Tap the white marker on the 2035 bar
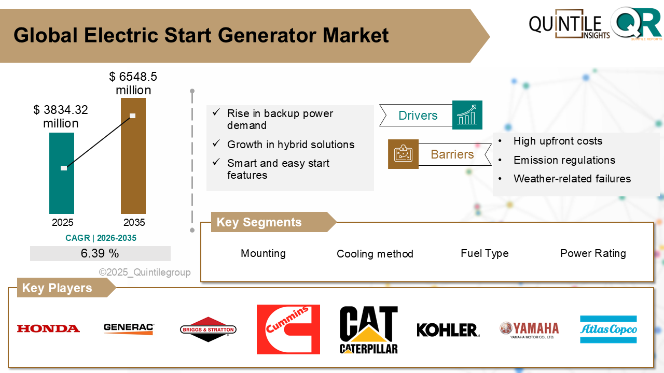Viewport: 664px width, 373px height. tap(133, 116)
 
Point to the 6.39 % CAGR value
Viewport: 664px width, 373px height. tap(100, 253)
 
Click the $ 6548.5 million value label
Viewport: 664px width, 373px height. tap(133, 83)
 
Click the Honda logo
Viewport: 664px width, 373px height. tap(48, 328)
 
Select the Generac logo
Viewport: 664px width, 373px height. tap(129, 328)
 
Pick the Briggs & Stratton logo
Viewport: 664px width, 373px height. tap(208, 329)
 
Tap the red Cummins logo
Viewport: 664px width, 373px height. tap(288, 329)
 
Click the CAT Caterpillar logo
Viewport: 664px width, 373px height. tap(368, 329)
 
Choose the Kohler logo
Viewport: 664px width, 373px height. tap(448, 330)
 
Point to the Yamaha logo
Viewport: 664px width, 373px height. tap(529, 329)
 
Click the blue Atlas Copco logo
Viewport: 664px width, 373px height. tap(608, 329)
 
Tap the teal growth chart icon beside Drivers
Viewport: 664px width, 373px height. tap(467, 115)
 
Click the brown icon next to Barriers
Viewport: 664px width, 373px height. tap(403, 154)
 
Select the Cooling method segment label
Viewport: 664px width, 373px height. tap(375, 254)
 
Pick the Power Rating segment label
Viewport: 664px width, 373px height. tap(593, 253)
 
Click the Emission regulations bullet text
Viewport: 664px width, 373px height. tap(564, 160)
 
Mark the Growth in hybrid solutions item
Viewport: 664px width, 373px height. tap(290, 145)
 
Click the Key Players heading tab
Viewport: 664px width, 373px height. tap(57, 288)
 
